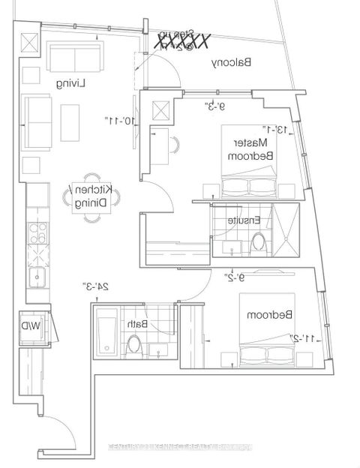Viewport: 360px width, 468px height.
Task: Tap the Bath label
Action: pyautogui.click(x=136, y=324)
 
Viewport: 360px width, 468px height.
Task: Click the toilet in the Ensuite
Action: pyautogui.click(x=259, y=241)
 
